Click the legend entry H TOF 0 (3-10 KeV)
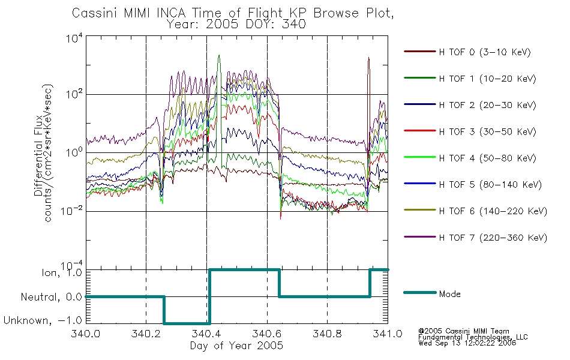pos(485,52)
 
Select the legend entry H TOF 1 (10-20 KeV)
pos(487,79)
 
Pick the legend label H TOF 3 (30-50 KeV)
pos(487,131)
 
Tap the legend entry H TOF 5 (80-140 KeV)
pos(490,185)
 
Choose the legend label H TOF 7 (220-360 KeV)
pos(493,238)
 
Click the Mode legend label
pos(449,294)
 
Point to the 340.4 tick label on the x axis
pos(206,334)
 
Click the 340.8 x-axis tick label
pos(327,334)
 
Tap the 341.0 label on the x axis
pos(388,334)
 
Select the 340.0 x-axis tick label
pos(85,334)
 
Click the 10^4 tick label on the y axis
pos(75,38)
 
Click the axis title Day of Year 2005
pos(236,346)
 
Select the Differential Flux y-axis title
pos(38,155)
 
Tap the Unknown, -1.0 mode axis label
pos(43,320)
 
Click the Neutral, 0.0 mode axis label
pos(51,297)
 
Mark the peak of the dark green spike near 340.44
pos(219,56)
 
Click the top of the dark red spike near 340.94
pos(368,58)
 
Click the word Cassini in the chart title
pos(95,13)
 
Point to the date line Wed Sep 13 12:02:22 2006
pos(467,343)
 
